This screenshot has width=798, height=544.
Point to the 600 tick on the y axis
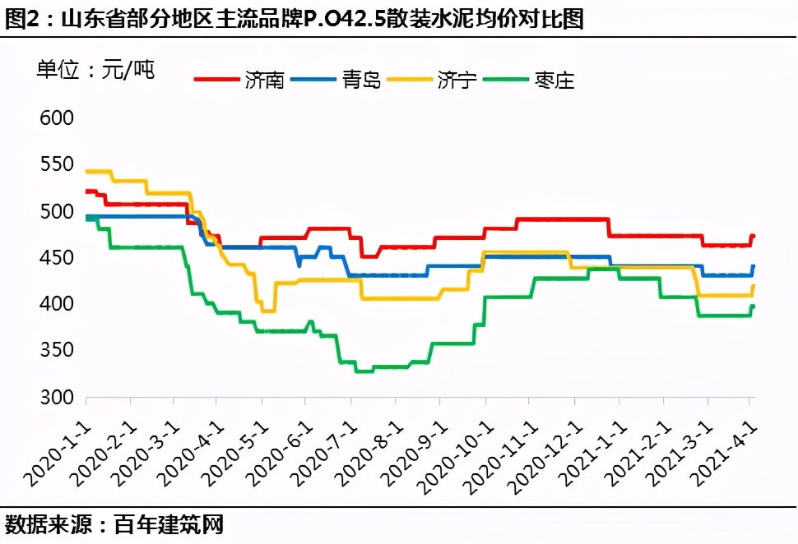[x=56, y=118]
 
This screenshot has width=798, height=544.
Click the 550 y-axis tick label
[x=56, y=165]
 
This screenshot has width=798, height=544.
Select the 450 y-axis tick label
[x=56, y=258]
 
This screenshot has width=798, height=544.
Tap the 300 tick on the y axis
[x=56, y=398]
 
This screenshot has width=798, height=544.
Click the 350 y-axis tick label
[x=56, y=351]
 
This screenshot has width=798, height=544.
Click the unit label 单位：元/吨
[x=95, y=70]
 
